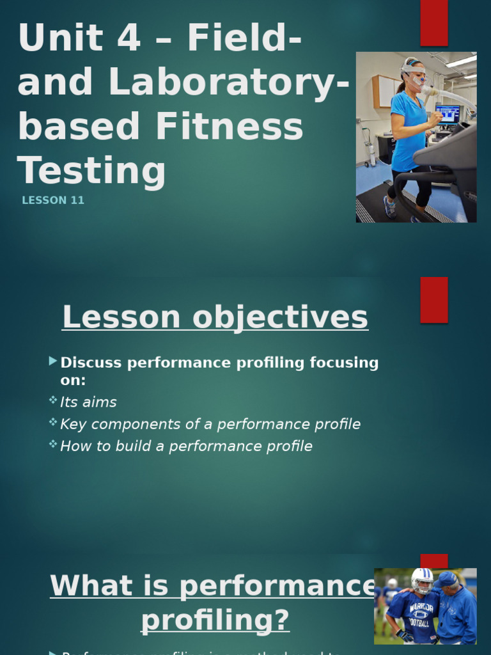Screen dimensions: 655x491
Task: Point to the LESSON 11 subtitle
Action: pos(53,200)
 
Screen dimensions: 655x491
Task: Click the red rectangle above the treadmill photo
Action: pos(433,22)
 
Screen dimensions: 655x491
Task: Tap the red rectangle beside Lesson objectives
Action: pos(433,299)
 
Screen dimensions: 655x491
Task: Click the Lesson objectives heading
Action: pos(215,317)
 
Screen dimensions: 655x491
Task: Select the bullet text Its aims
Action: pos(88,402)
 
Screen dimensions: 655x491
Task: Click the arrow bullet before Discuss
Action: pos(52,362)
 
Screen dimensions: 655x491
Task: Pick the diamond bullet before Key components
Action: pos(52,422)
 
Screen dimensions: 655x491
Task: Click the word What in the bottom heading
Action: pos(90,586)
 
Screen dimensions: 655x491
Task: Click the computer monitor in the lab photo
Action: pos(447,114)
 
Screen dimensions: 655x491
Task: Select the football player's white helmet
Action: pos(422,580)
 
